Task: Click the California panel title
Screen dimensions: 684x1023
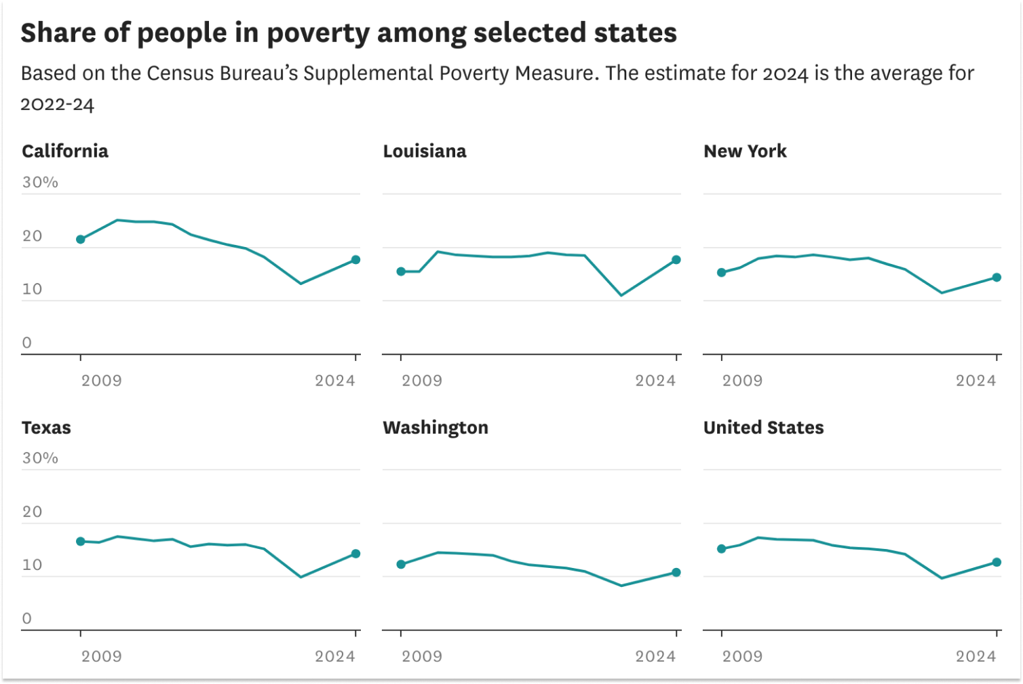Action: tap(65, 151)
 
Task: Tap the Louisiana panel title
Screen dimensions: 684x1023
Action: tap(425, 151)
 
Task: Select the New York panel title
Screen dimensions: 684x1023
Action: tap(745, 151)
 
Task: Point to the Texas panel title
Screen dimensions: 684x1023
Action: tap(46, 427)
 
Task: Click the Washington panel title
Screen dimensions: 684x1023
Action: tap(436, 427)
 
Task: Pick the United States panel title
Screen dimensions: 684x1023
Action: tap(763, 427)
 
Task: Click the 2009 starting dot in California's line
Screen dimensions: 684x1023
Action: tap(81, 240)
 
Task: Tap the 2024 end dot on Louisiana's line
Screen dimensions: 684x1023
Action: tap(676, 260)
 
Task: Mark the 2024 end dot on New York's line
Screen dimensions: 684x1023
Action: tap(997, 278)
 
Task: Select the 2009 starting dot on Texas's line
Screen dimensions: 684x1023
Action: tap(81, 541)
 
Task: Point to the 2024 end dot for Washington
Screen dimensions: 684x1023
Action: tap(676, 573)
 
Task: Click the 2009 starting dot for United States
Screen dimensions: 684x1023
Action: tap(722, 549)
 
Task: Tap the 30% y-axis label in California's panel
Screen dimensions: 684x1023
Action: tap(40, 182)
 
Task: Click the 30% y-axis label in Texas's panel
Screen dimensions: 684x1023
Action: tap(40, 458)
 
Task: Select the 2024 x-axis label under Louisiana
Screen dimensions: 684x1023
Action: tap(655, 381)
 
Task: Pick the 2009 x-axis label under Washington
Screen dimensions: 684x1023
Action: tap(422, 656)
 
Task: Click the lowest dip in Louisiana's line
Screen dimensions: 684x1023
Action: tap(621, 295)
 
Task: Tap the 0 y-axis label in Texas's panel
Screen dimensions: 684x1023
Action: tap(27, 618)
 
